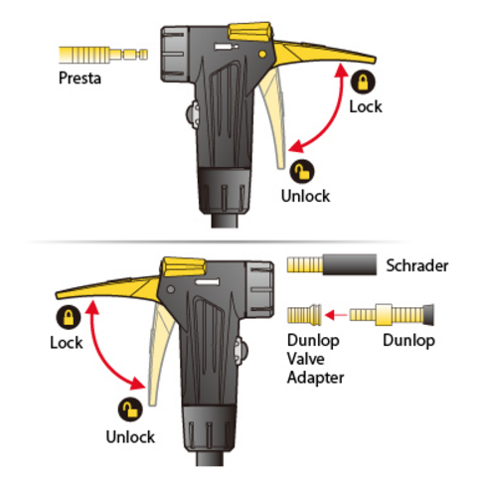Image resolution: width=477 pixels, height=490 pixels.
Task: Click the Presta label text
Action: click(x=79, y=79)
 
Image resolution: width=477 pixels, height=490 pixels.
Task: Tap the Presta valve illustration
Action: click(x=103, y=55)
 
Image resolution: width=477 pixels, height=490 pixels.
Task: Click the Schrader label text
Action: click(x=417, y=265)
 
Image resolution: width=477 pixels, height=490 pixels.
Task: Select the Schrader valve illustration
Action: click(x=332, y=264)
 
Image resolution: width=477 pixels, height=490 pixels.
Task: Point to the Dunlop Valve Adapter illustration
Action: click(x=304, y=315)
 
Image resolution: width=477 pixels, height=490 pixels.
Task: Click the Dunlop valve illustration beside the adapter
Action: click(x=392, y=315)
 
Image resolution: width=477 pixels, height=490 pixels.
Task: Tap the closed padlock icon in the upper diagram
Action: click(x=363, y=82)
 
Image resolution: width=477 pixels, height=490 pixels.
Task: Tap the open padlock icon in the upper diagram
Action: click(x=302, y=172)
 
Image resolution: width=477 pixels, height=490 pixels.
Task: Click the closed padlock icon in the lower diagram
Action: click(x=69, y=317)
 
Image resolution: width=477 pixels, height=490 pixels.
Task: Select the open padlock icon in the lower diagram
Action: click(x=130, y=409)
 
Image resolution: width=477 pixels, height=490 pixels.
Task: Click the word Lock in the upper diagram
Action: click(x=366, y=107)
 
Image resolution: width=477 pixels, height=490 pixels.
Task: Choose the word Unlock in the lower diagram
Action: click(x=130, y=437)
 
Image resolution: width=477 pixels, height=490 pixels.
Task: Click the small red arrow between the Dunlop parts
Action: click(x=336, y=315)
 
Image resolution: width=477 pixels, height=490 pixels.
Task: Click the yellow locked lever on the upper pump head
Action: click(x=325, y=53)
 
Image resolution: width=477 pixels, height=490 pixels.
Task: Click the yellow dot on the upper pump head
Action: click(x=262, y=54)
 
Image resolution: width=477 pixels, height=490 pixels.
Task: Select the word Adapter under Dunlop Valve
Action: click(x=315, y=378)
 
